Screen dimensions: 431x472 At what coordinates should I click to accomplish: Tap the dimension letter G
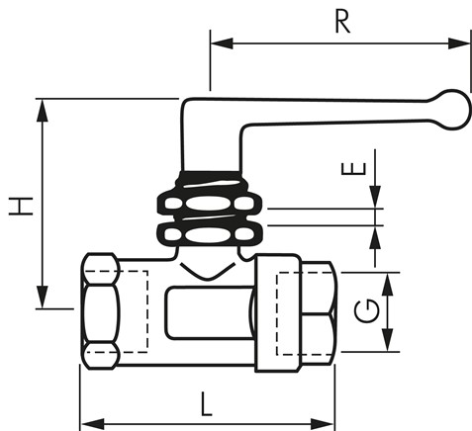pyautogui.click(x=364, y=312)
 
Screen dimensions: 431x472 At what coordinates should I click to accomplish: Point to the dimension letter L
pyautogui.click(x=206, y=403)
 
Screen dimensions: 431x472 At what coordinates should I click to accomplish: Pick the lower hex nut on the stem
pyautogui.click(x=212, y=236)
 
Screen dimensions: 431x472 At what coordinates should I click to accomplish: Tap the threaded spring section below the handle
pyautogui.click(x=210, y=183)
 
